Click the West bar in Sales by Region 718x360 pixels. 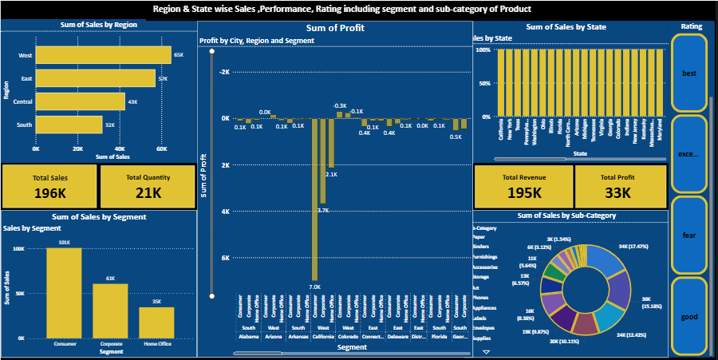click(103, 55)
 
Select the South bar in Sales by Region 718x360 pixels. click(69, 125)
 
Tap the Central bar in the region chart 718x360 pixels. click(80, 101)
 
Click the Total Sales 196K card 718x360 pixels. click(49, 185)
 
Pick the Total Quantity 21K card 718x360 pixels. click(148, 185)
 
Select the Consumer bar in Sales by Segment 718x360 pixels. click(64, 292)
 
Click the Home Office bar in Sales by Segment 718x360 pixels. click(156, 322)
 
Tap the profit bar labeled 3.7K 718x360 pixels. click(323, 160)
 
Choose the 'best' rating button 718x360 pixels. click(688, 73)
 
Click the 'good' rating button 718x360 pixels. click(688, 317)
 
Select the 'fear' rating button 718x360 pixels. click(688, 235)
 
